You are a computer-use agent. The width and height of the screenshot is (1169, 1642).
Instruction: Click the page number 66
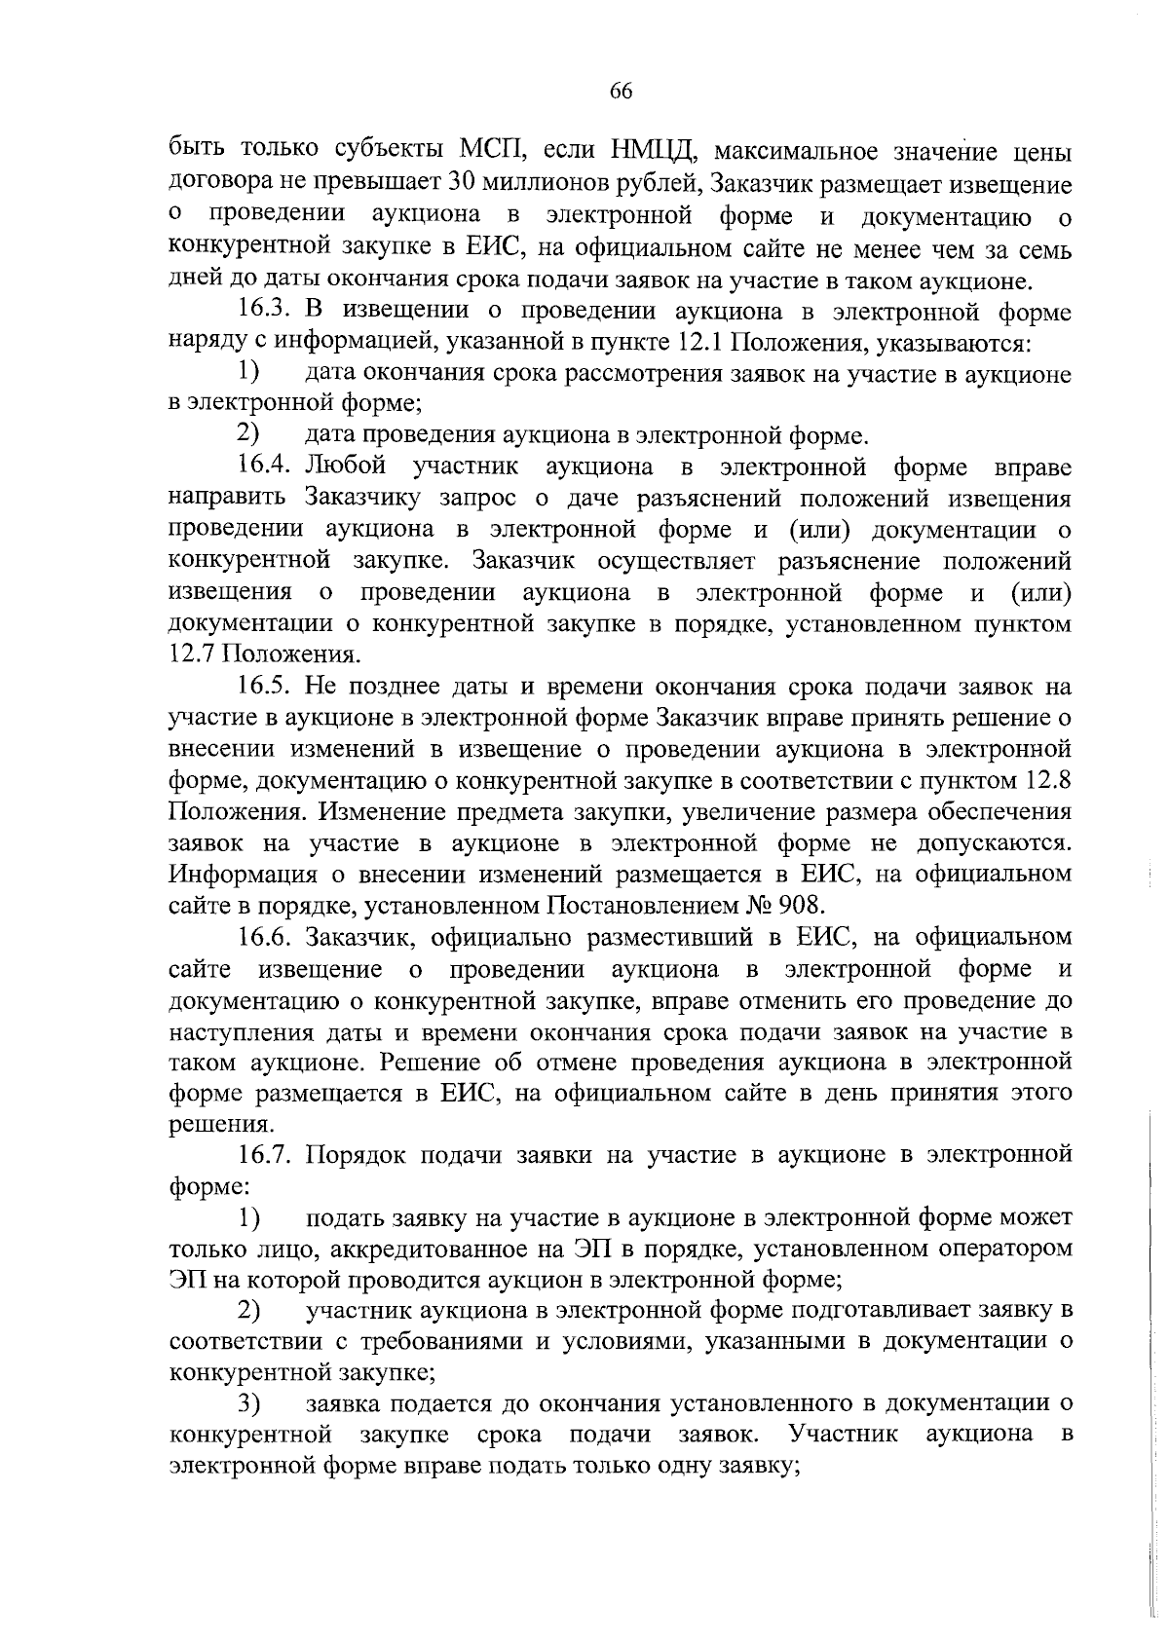(x=622, y=92)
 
